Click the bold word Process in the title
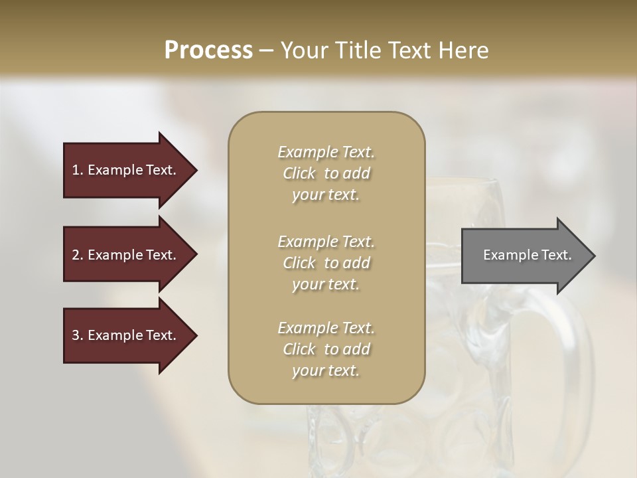tap(208, 50)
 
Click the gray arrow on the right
tap(524, 256)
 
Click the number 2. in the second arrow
tap(77, 255)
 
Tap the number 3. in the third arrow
tap(77, 335)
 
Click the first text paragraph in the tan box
tap(326, 173)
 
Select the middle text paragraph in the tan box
tap(326, 263)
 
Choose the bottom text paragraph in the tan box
tap(326, 349)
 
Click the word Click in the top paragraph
tap(299, 173)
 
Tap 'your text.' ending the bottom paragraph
tap(326, 370)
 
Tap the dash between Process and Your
tap(266, 50)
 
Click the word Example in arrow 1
tap(115, 170)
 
